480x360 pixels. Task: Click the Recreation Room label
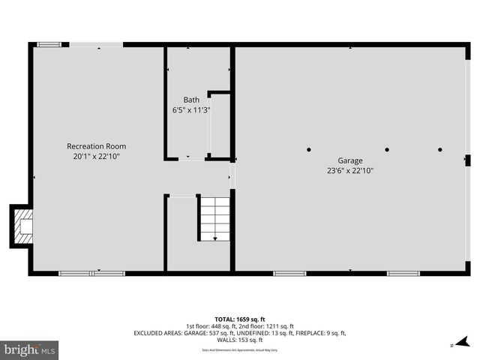[97, 146]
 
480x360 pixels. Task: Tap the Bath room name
[191, 100]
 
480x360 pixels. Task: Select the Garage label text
[349, 160]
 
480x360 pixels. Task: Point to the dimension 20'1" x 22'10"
[97, 157]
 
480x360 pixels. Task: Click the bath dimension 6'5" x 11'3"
[191, 110]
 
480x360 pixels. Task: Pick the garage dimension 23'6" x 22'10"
[349, 171]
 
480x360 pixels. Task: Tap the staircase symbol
[214, 218]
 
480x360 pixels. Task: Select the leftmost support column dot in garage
[309, 150]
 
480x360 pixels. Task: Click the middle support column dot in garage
[387, 150]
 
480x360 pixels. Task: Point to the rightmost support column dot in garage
[440, 150]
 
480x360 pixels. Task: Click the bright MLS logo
[29, 349]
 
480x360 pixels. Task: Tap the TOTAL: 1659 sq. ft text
[239, 318]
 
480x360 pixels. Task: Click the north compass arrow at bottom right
[452, 344]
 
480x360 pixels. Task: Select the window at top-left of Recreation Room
[50, 44]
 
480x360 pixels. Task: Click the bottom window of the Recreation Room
[91, 273]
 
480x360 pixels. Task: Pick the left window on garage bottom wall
[289, 273]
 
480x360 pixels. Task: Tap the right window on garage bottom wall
[403, 273]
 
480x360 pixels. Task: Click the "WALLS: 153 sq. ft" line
[239, 340]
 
